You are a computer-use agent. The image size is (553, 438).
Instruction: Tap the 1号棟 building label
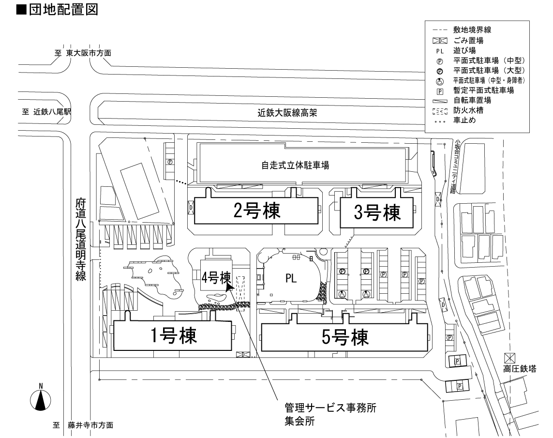tap(173, 335)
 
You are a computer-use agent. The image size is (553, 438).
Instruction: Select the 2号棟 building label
tap(256, 211)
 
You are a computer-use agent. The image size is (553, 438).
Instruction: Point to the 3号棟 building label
tap(378, 212)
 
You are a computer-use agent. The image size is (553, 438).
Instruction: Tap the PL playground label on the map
tap(290, 278)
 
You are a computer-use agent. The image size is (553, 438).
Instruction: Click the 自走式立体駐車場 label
tap(296, 166)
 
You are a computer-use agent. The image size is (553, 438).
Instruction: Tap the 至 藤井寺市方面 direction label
tap(84, 425)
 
